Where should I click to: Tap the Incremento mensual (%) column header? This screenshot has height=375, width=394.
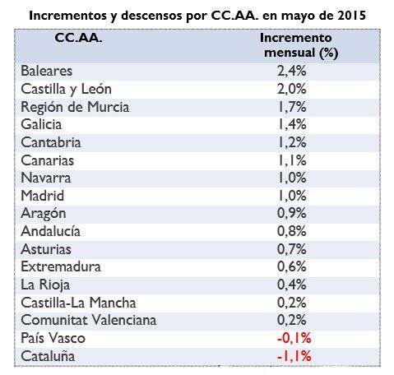pyautogui.click(x=295, y=46)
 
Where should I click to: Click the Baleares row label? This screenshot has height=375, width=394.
pyautogui.click(x=48, y=72)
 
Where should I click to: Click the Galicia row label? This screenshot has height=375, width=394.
pyautogui.click(x=43, y=124)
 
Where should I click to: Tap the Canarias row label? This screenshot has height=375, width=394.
pyautogui.click(x=48, y=160)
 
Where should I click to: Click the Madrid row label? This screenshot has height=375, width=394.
pyautogui.click(x=43, y=196)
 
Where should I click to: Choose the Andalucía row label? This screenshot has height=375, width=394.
pyautogui.click(x=51, y=231)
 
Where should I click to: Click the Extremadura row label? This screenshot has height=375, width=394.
pyautogui.click(x=61, y=266)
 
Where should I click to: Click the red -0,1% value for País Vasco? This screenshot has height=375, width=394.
pyautogui.click(x=294, y=338)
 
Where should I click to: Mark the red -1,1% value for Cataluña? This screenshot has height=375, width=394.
pyautogui.click(x=294, y=356)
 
